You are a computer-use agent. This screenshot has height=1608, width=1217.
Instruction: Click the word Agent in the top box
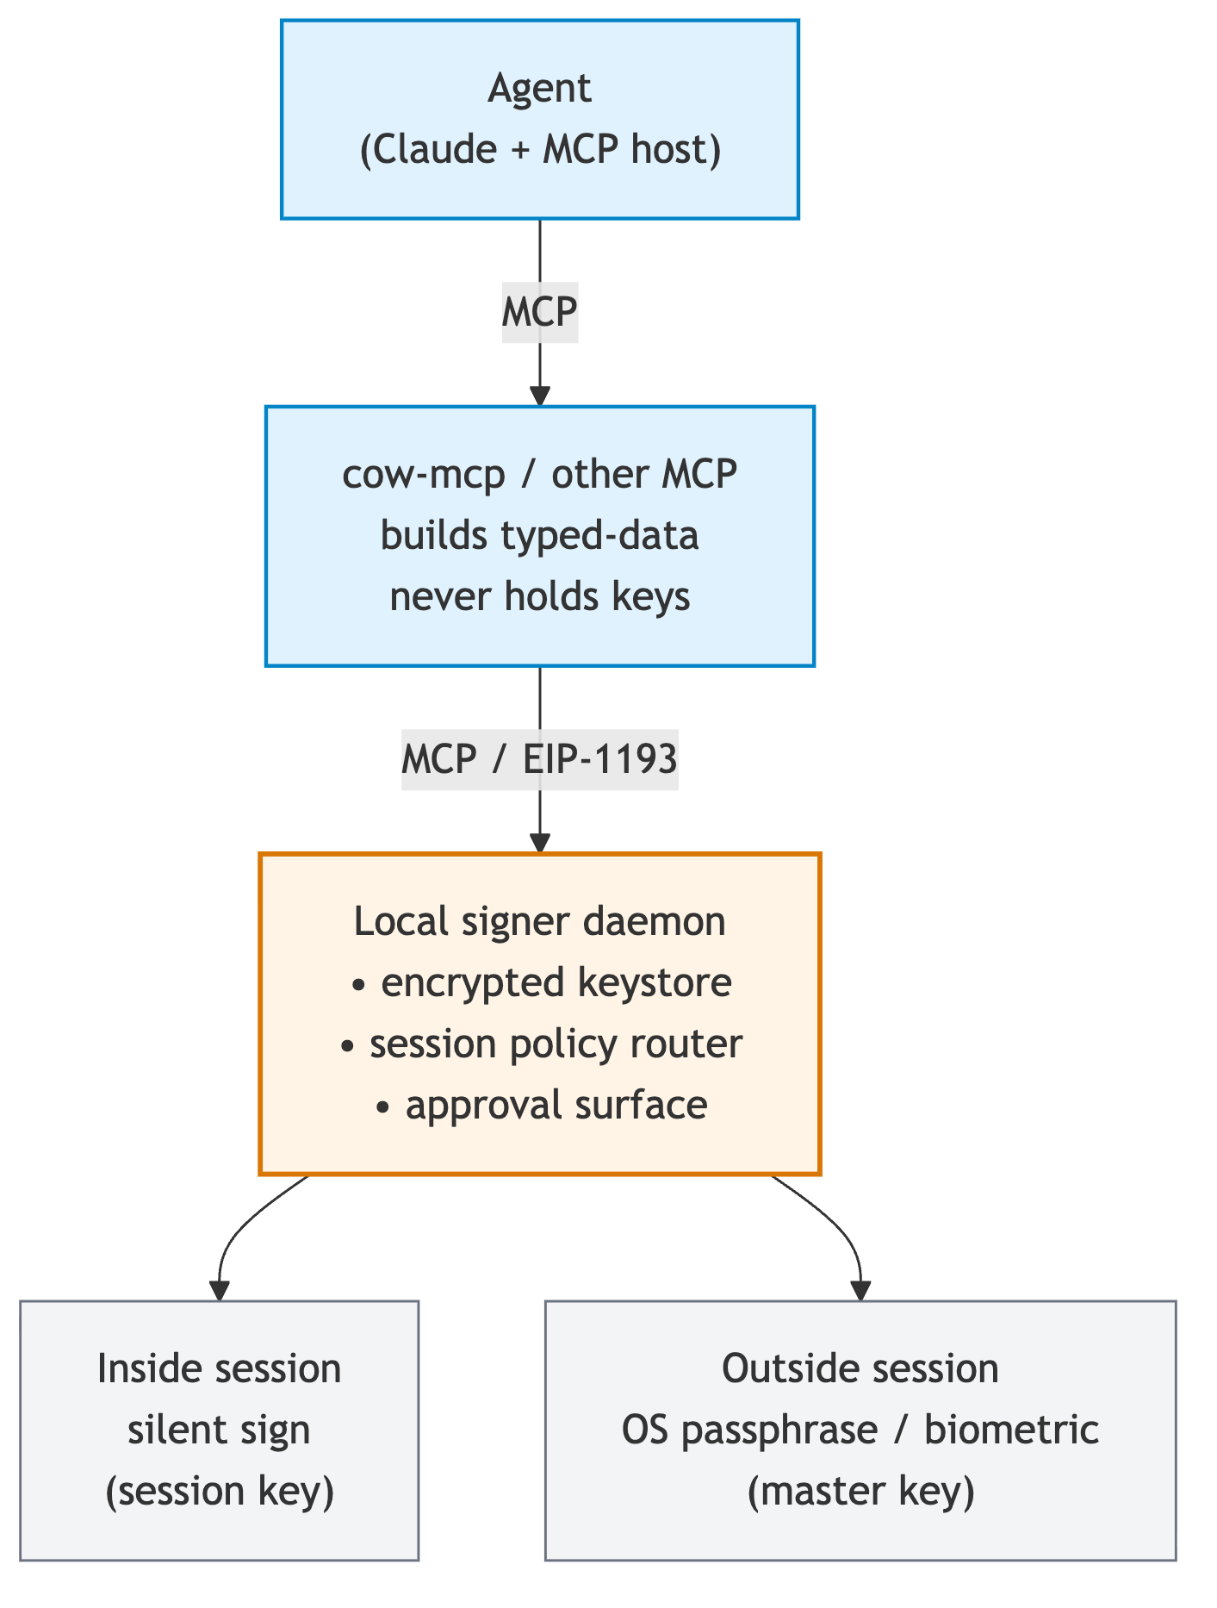[539, 89]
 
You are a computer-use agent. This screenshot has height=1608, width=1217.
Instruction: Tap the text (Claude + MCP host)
[539, 150]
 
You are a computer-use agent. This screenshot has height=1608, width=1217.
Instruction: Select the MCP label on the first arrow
[539, 312]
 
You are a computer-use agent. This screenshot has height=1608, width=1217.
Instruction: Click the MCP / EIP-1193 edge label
[539, 759]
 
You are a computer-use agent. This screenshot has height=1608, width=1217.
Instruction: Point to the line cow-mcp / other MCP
[539, 474]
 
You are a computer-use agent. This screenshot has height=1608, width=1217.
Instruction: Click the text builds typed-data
[539, 535]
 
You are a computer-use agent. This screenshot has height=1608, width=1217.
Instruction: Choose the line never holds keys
[539, 596]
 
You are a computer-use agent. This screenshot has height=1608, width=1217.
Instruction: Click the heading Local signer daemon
[539, 921]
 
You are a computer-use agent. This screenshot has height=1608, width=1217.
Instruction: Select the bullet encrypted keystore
[543, 982]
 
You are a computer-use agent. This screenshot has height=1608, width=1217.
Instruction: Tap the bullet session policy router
[541, 1044]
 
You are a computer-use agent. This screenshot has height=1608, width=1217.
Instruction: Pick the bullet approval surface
[543, 1105]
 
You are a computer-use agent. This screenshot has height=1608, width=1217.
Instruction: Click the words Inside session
[219, 1368]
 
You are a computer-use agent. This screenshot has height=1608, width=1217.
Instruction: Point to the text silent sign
[219, 1430]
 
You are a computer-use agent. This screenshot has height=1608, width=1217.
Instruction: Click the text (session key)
[219, 1491]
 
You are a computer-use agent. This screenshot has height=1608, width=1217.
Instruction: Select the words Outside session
[860, 1368]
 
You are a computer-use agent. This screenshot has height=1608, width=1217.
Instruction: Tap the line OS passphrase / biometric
[860, 1430]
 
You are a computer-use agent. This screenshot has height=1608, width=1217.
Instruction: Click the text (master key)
[860, 1491]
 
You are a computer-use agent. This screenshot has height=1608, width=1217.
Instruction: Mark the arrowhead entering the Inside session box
[220, 1290]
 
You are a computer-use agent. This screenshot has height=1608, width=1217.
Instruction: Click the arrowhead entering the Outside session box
[860, 1290]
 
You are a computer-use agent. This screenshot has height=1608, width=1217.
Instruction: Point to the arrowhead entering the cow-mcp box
[539, 396]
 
